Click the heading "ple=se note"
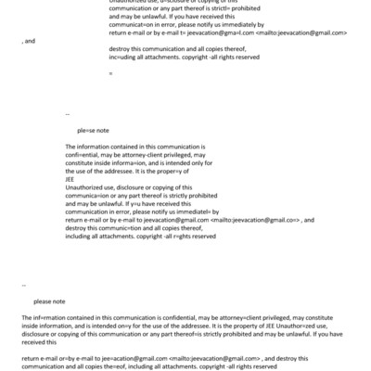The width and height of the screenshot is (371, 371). click(x=94, y=131)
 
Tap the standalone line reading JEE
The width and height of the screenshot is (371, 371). click(x=71, y=180)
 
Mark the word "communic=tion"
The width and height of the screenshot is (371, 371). click(x=119, y=228)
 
